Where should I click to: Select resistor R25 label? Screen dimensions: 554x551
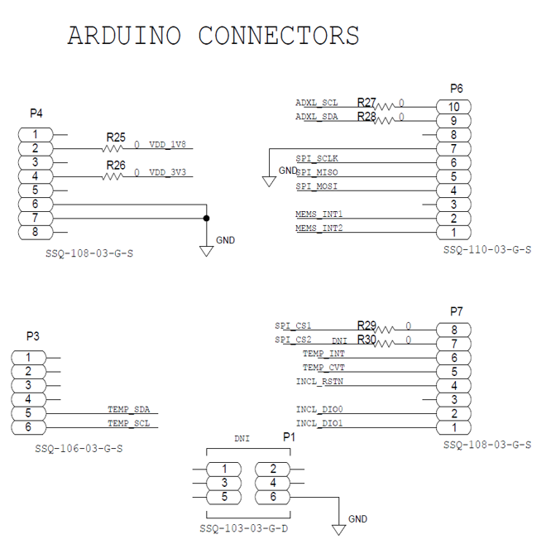[x=116, y=137]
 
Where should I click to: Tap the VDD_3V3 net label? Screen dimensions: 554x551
[x=169, y=172]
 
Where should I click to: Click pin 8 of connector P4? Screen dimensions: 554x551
[x=36, y=233]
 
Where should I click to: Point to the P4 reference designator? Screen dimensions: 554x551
[x=36, y=113]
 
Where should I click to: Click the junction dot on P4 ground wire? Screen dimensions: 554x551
[x=207, y=219]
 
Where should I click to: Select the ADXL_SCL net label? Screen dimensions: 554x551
[x=317, y=103]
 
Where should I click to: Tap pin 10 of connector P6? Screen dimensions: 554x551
[x=453, y=107]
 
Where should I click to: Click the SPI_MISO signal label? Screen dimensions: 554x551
[x=318, y=172]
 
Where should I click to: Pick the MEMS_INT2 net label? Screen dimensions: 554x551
[x=319, y=229]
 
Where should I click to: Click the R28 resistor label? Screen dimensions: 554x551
[x=367, y=117]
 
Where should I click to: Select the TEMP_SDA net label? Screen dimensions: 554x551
[x=128, y=409]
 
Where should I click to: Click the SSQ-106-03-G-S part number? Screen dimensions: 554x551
[x=79, y=448]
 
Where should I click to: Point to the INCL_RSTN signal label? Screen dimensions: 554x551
[x=320, y=382]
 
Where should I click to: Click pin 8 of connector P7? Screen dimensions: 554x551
[x=453, y=330]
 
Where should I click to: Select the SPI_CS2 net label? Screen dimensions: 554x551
[x=294, y=340]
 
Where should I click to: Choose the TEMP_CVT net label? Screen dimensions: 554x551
[x=323, y=368]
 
